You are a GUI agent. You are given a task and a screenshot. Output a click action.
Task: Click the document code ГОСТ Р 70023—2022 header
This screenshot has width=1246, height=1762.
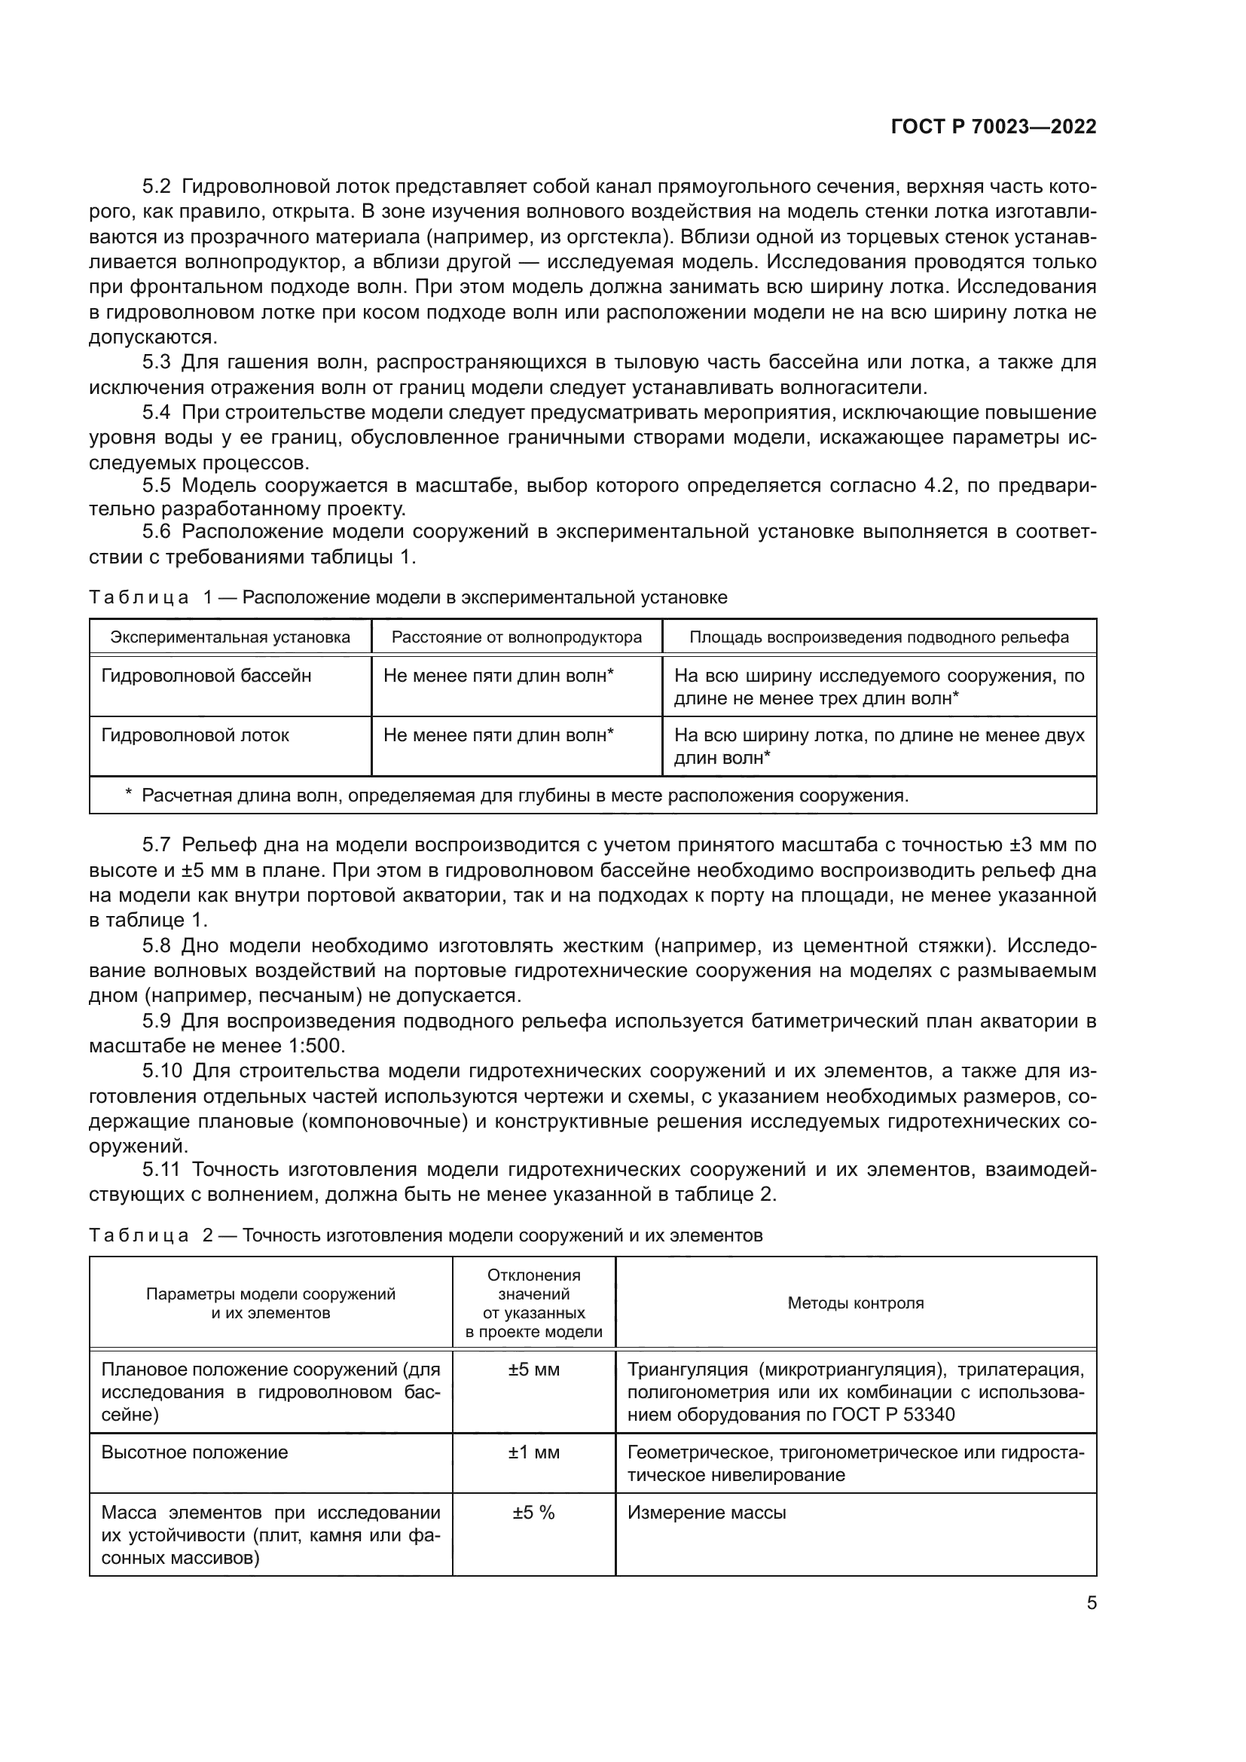[x=993, y=127]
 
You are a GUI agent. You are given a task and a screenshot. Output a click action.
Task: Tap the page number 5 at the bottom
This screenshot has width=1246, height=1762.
[x=1091, y=1603]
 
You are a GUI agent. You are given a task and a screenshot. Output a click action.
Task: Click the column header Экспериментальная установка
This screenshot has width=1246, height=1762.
[x=231, y=637]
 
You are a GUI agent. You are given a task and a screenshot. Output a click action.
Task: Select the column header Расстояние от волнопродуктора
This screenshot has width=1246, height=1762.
[x=516, y=637]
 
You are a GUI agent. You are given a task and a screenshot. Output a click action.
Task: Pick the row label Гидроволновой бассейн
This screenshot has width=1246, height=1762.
[x=206, y=676]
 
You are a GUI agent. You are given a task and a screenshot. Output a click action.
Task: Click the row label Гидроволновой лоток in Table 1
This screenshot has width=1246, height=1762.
[x=195, y=735]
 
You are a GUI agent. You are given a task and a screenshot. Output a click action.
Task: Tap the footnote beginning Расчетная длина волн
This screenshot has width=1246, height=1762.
[x=524, y=795]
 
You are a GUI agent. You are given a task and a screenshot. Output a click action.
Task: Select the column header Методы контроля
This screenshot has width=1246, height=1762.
[x=856, y=1303]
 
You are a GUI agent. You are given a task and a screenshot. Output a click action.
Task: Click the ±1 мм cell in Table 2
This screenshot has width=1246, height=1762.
[x=533, y=1452]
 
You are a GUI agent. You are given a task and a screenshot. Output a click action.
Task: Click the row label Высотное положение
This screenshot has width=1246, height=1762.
[x=195, y=1452]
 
